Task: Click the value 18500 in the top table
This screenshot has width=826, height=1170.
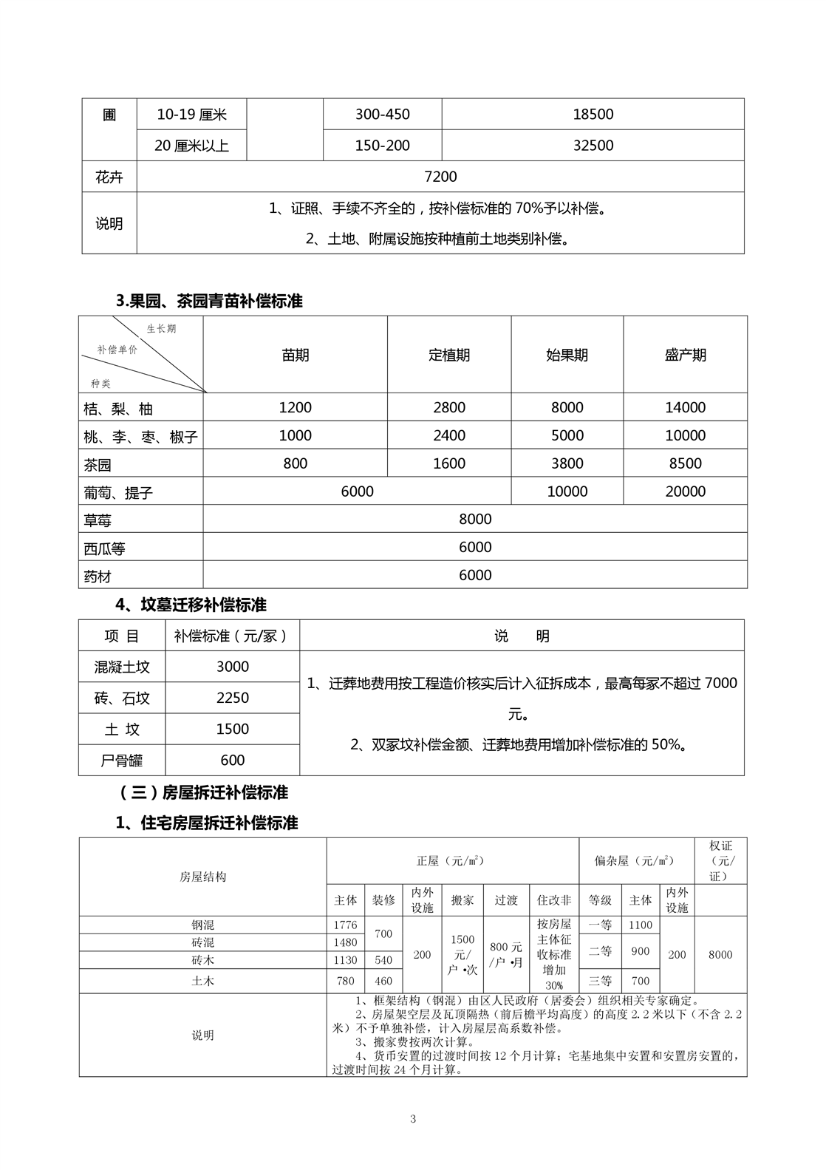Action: coord(593,115)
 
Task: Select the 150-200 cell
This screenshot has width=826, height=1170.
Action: coord(382,146)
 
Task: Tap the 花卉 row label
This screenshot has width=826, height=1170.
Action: coord(109,177)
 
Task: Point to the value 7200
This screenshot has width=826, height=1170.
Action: coord(440,177)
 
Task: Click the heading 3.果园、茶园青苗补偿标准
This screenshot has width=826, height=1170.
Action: coord(209,302)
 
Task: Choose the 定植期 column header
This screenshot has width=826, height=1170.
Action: coord(448,355)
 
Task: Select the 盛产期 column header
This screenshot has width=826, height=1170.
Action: coord(685,355)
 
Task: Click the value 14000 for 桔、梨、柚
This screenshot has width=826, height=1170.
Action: coord(685,407)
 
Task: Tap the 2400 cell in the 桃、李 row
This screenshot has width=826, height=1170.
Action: coord(448,435)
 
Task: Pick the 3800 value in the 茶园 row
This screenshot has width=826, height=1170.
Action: coord(567,463)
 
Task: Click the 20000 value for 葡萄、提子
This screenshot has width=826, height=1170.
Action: coord(685,492)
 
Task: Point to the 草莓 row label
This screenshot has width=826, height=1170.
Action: coord(98,520)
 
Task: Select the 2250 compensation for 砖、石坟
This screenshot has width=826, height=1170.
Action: coord(232,698)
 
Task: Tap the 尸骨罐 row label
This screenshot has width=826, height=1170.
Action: coord(121,760)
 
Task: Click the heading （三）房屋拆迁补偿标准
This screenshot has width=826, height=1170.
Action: coord(202,793)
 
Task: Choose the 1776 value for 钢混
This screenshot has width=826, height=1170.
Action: coord(345,925)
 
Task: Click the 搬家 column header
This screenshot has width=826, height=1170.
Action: coord(463,900)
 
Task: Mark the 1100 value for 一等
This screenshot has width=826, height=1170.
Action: coord(640,925)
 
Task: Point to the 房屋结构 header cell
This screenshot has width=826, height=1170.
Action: coord(202,877)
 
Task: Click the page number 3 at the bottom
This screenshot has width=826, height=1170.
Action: coord(413,1118)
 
